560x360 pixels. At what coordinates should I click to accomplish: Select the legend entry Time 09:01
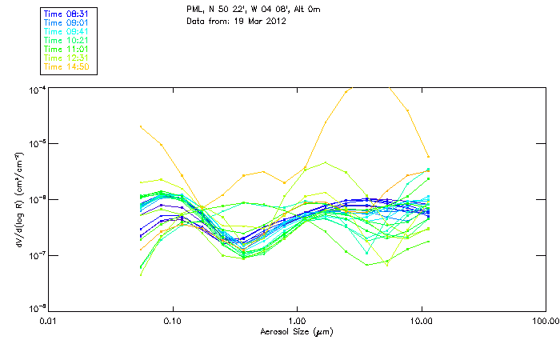(68, 23)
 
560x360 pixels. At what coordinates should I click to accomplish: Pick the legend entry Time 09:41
(68, 31)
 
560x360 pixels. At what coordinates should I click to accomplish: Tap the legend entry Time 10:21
(68, 40)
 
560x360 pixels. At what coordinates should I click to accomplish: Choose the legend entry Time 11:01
(68, 49)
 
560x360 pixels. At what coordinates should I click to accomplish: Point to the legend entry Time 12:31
(68, 58)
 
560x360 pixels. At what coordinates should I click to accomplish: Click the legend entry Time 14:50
(68, 66)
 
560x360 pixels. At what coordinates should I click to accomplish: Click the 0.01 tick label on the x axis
(48, 320)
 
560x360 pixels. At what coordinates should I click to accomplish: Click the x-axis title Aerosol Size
(296, 331)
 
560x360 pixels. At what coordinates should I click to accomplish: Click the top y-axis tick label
(36, 89)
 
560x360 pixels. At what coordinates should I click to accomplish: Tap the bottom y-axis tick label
(36, 309)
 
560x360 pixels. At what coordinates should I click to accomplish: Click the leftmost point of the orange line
(141, 126)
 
